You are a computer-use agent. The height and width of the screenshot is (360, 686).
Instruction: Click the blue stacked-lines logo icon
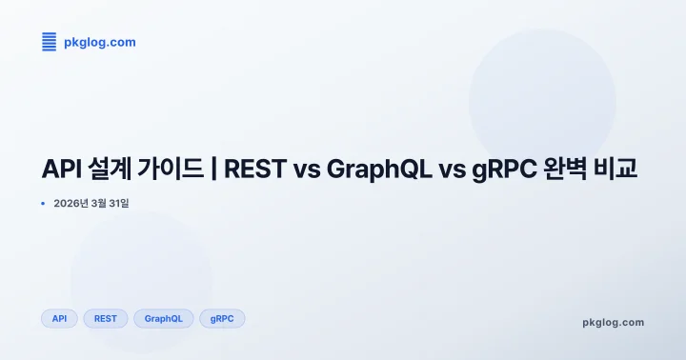tap(50, 42)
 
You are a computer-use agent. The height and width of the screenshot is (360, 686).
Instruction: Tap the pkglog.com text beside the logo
tap(99, 42)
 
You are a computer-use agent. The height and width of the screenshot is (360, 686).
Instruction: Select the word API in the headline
tap(64, 170)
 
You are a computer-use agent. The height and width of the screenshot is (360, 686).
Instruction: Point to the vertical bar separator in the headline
tap(214, 170)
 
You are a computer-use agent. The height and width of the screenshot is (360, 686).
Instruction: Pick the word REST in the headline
tap(253, 170)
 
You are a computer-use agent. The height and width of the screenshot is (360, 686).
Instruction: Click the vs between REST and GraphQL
tap(306, 170)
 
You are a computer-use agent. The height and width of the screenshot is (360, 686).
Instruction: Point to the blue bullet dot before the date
tap(44, 204)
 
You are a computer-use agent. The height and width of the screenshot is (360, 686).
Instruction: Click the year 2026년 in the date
tap(71, 204)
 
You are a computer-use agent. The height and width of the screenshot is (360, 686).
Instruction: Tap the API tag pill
tap(59, 318)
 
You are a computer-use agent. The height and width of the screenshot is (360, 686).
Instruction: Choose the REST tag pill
tap(106, 318)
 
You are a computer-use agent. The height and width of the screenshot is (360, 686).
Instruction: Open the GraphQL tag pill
tap(164, 318)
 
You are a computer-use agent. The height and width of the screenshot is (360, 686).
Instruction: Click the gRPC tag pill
tap(222, 318)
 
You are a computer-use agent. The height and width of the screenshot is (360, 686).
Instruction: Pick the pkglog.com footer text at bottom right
tap(613, 322)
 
